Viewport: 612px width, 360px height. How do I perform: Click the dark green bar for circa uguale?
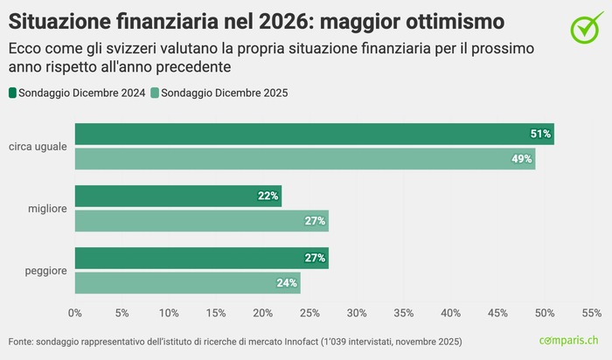tap(314, 134)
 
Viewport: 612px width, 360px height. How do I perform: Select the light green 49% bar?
tap(304, 159)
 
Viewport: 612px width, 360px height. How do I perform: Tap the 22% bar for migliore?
tap(177, 196)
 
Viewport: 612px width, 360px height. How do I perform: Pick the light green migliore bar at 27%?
tap(201, 221)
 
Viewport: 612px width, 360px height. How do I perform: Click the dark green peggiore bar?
tap(201, 258)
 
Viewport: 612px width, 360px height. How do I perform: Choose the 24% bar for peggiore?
tap(187, 283)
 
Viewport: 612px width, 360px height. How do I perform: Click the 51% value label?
tap(540, 134)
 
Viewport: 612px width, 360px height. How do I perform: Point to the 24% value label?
tap(287, 283)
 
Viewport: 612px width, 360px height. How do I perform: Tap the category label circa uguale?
tap(38, 147)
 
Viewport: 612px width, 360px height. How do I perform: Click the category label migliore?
tap(47, 209)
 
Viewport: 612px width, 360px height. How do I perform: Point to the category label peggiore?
tap(46, 271)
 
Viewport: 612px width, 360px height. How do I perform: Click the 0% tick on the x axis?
tap(74, 313)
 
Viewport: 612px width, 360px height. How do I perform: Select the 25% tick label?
tap(309, 313)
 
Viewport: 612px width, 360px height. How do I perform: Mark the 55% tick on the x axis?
tap(591, 313)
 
